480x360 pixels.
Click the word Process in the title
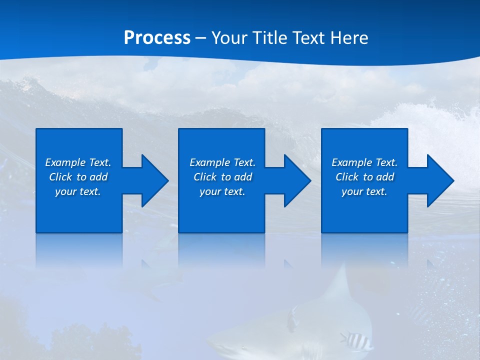157,38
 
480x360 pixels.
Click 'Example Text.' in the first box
78,162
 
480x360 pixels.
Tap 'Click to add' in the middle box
222,177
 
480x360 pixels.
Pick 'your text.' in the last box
364,191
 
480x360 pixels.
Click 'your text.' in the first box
78,191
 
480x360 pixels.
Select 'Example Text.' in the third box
364,162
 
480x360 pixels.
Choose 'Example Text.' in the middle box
222,162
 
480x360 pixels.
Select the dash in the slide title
201,38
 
